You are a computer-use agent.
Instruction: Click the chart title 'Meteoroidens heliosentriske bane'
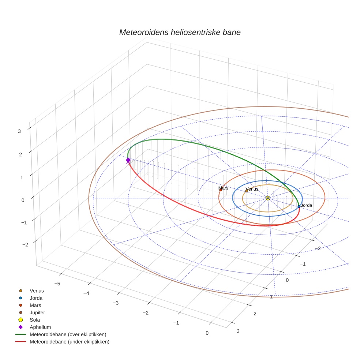(180, 32)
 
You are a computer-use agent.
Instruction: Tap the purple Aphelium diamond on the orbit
(128, 160)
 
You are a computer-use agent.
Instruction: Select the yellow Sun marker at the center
(268, 198)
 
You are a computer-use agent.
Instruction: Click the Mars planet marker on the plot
(221, 190)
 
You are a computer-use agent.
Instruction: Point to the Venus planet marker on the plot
(247, 191)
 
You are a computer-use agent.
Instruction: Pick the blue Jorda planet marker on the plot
(299, 206)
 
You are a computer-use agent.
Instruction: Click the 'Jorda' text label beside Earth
(306, 205)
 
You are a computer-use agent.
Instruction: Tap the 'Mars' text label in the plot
(224, 188)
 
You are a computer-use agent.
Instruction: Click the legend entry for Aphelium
(40, 327)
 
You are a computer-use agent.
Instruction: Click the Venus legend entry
(37, 291)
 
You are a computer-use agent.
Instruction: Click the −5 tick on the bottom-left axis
(57, 284)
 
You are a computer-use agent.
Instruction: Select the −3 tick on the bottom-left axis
(116, 303)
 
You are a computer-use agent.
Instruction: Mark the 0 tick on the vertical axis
(23, 200)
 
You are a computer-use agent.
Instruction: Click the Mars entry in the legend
(35, 305)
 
